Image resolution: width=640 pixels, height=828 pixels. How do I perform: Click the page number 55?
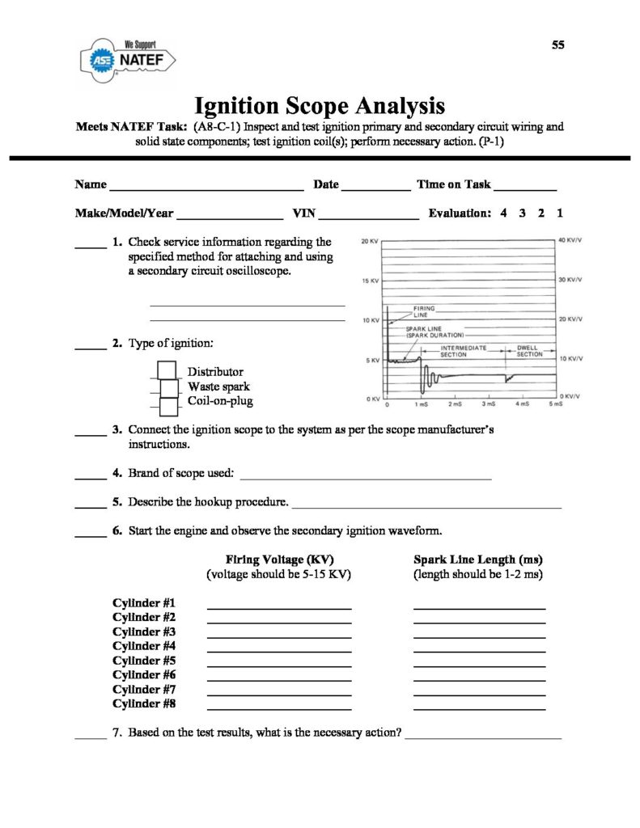[557, 44]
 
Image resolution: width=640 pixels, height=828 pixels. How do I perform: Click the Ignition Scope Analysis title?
[320, 106]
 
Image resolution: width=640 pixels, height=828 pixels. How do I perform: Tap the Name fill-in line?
[206, 186]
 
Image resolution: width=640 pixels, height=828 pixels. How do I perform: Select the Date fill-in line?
[375, 186]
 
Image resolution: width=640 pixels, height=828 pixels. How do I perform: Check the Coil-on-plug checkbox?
[169, 403]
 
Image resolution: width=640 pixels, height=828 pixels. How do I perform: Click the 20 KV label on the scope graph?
[369, 242]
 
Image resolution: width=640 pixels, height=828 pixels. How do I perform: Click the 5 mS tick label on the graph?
[556, 403]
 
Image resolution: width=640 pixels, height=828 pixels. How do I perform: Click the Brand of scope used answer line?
[366, 478]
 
